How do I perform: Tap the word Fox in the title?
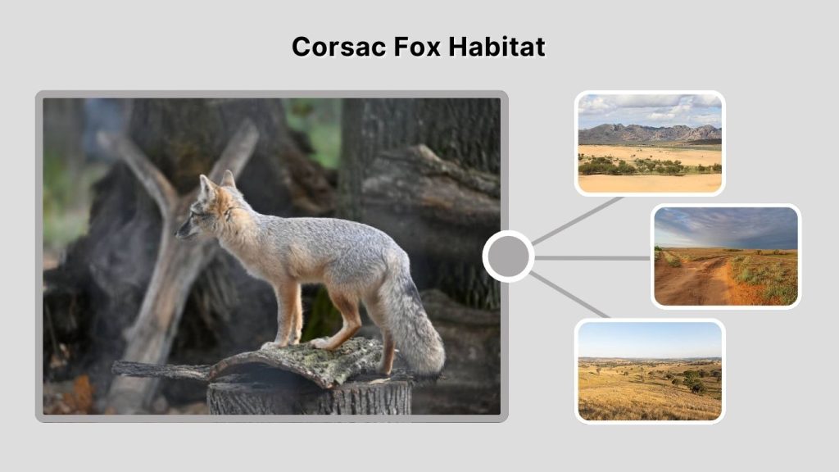[408, 47]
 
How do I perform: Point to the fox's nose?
[178, 233]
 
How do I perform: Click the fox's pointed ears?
[217, 183]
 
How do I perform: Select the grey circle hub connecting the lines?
[508, 256]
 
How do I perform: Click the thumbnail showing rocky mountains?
[650, 143]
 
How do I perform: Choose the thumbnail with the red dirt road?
[726, 256]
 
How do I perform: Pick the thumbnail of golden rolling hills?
[650, 370]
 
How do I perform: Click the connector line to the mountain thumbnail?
[578, 220]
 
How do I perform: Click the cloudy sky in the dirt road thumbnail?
[726, 225]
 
